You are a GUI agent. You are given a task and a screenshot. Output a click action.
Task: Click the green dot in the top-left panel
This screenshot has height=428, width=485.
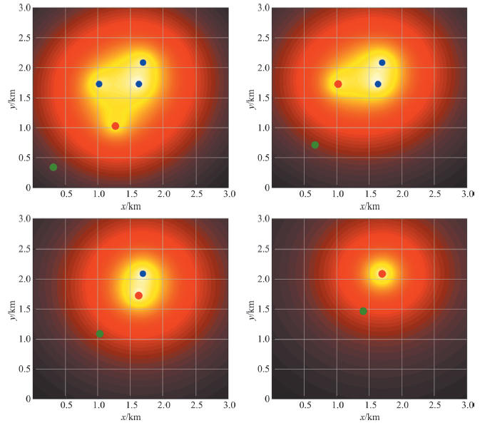click(x=53, y=167)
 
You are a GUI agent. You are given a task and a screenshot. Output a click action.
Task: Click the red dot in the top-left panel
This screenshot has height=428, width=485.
click(x=116, y=126)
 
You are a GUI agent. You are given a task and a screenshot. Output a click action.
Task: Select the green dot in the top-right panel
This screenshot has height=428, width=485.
click(x=315, y=145)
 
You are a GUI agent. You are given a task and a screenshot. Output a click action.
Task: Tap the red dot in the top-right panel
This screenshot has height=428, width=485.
click(x=338, y=84)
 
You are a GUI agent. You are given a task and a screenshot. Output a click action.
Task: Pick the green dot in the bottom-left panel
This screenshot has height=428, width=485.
click(x=100, y=334)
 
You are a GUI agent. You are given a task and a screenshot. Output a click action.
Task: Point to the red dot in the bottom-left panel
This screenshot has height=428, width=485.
click(x=139, y=295)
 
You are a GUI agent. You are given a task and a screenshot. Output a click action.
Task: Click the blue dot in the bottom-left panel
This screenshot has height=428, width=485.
click(x=143, y=274)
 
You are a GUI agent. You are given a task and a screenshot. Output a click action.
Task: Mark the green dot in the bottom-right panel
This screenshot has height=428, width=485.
click(x=363, y=311)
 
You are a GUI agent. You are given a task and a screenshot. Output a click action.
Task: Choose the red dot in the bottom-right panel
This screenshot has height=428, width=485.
click(x=382, y=274)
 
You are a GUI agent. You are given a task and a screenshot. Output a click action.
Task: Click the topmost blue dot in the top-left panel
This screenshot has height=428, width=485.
click(x=143, y=63)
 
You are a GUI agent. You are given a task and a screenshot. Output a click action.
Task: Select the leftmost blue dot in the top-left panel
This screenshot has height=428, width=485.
click(x=99, y=84)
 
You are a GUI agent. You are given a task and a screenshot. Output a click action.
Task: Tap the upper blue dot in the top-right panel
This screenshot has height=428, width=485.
click(x=382, y=63)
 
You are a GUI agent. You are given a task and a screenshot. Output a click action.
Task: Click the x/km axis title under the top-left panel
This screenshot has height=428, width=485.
click(x=131, y=207)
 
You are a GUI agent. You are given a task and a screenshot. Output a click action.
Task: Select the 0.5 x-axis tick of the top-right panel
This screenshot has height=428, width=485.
click(x=305, y=194)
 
